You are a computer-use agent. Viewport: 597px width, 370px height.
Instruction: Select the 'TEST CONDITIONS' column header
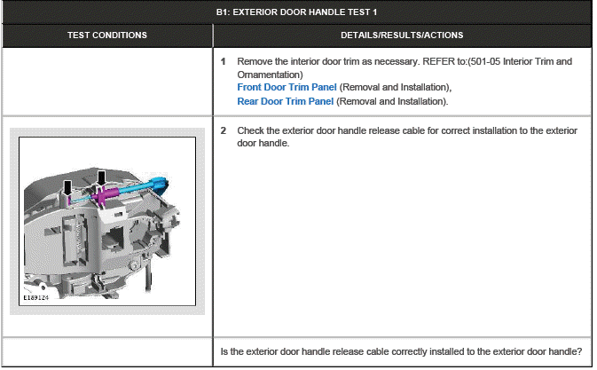(107, 35)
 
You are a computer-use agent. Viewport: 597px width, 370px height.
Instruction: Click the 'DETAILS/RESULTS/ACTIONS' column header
(402, 35)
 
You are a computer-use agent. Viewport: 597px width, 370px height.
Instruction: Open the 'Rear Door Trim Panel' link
(285, 100)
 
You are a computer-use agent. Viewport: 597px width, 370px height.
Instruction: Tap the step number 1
(224, 61)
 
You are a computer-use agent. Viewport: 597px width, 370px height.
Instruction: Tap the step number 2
(224, 130)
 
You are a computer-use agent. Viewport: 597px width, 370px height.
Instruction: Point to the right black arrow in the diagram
(100, 178)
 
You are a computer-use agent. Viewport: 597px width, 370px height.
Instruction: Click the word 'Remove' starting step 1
(255, 61)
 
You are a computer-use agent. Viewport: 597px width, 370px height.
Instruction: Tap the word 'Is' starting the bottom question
(224, 352)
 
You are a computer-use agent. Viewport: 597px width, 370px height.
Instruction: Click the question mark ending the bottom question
(579, 352)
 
